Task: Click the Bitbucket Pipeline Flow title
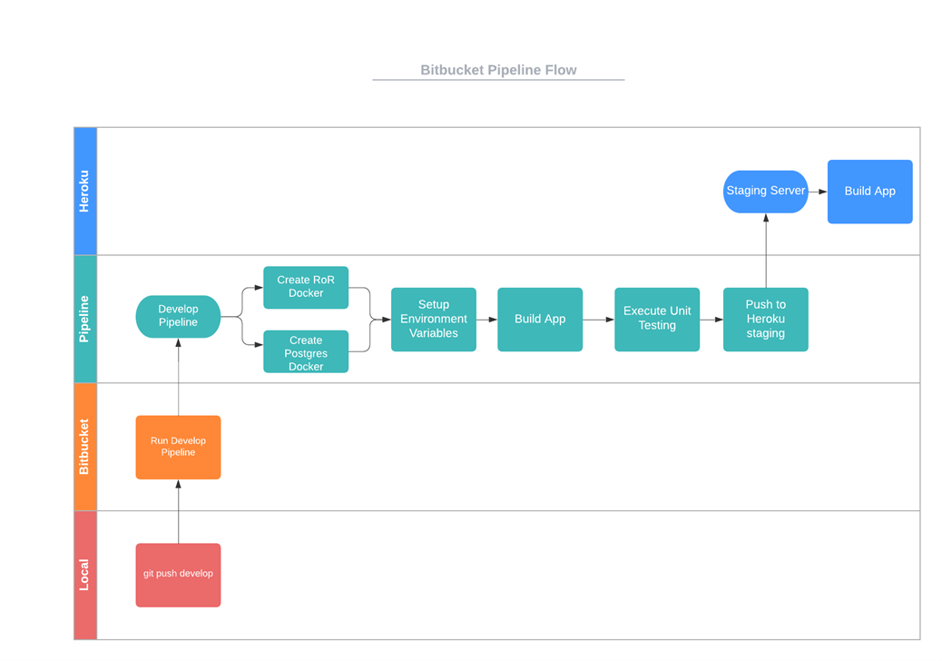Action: [498, 70]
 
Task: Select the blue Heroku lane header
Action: [84, 192]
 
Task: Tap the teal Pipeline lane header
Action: [84, 319]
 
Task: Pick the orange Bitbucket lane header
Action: [84, 447]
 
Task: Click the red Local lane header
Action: [84, 575]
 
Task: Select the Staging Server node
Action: [765, 192]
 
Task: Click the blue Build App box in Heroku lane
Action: [869, 192]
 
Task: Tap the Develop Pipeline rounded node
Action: [178, 316]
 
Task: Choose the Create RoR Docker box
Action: [306, 287]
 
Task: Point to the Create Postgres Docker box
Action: [306, 352]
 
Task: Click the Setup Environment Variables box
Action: [434, 319]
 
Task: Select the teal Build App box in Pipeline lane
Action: [540, 319]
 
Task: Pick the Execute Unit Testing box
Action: [657, 319]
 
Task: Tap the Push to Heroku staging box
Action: [765, 319]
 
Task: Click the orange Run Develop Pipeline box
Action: [178, 447]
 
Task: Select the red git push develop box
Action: [178, 574]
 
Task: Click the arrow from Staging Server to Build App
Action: [818, 192]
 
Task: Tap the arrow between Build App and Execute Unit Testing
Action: [598, 320]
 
